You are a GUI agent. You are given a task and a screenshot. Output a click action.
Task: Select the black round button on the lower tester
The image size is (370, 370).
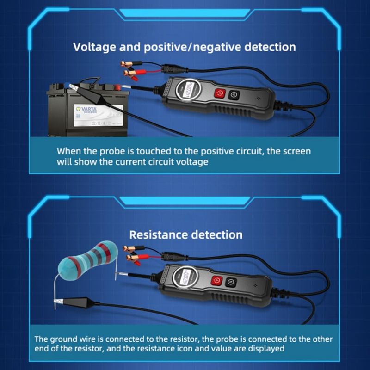coord(230,281)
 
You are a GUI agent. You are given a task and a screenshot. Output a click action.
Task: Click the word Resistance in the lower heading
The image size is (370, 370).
coord(158,234)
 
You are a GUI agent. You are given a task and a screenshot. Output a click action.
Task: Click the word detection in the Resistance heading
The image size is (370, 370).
coord(216,234)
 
